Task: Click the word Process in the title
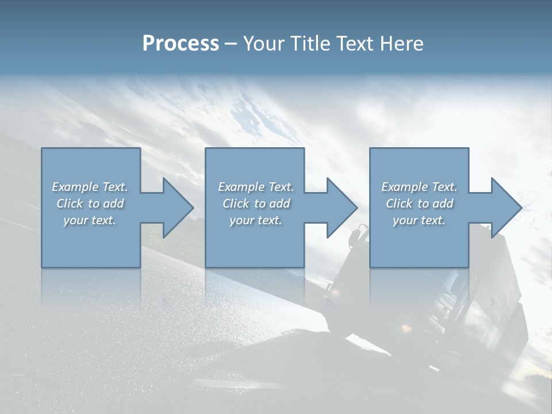point(181,44)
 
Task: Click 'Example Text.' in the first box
point(90,187)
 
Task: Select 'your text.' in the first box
point(90,220)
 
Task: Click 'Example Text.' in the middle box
point(256,187)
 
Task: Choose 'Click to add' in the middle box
point(256,204)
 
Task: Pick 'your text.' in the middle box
point(256,220)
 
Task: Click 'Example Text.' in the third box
point(419,187)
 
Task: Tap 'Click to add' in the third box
point(419,204)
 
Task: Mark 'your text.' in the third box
point(419,220)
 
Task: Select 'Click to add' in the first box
point(90,204)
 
